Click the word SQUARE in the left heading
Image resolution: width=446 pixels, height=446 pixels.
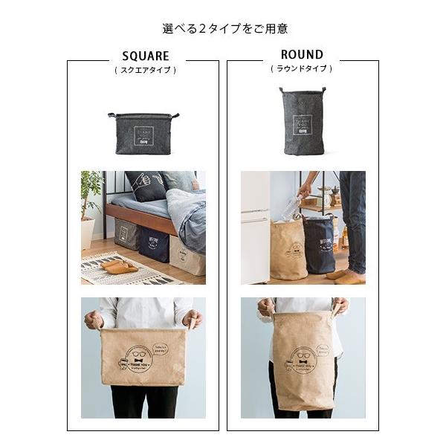(x=145, y=56)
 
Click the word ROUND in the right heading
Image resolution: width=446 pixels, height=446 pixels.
(x=302, y=54)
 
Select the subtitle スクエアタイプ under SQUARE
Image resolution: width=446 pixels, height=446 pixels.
(x=145, y=70)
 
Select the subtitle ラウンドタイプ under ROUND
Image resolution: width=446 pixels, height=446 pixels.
(x=302, y=68)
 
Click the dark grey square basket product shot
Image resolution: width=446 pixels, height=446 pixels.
(x=144, y=133)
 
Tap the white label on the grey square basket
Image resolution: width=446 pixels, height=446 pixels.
(x=144, y=135)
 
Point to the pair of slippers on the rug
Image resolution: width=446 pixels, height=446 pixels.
(x=115, y=265)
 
